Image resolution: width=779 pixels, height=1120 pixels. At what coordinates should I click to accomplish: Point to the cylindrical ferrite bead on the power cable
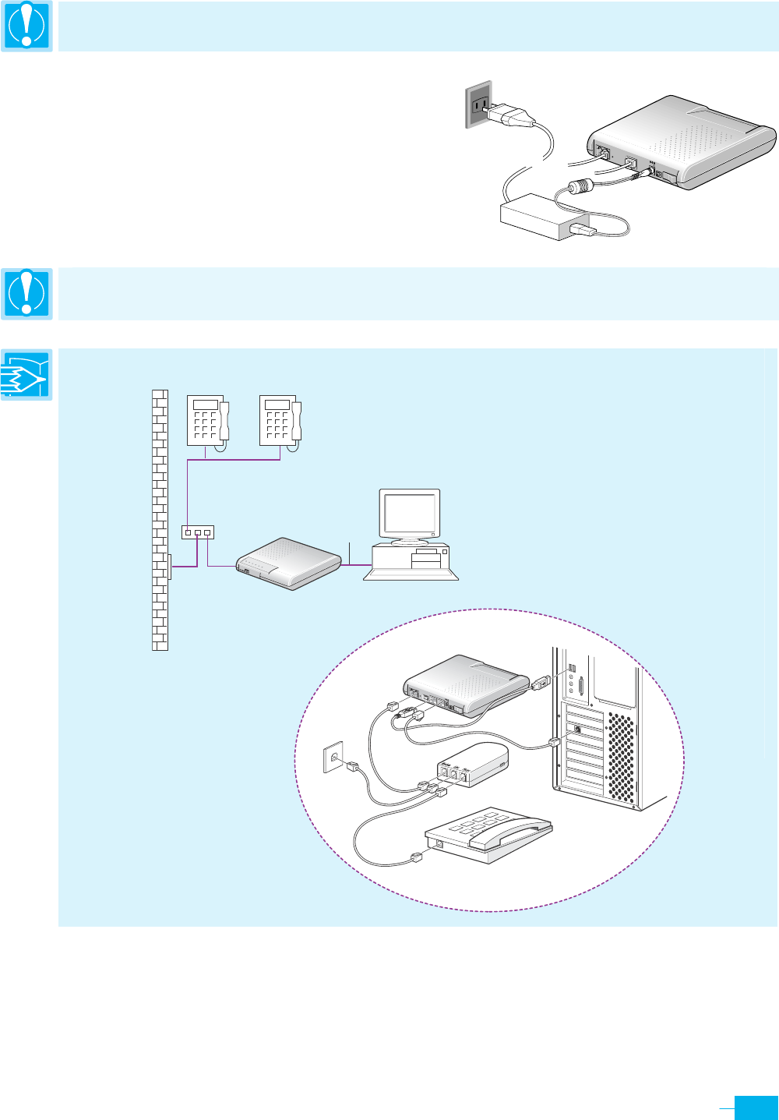pyautogui.click(x=580, y=187)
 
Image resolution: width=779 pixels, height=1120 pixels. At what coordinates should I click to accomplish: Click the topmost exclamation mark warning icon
pyautogui.click(x=26, y=26)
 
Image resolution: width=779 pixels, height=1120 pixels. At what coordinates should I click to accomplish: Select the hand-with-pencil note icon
pyautogui.click(x=26, y=375)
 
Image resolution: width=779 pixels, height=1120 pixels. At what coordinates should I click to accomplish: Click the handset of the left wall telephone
pyautogui.click(x=224, y=421)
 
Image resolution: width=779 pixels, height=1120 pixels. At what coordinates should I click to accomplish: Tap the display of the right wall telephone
pyautogui.click(x=276, y=405)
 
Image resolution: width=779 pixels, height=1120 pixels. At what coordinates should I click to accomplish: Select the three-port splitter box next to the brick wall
pyautogui.click(x=197, y=532)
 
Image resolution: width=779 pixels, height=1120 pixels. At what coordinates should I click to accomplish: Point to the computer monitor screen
pyautogui.click(x=409, y=513)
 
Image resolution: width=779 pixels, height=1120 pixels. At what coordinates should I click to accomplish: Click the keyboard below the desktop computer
pyautogui.click(x=411, y=574)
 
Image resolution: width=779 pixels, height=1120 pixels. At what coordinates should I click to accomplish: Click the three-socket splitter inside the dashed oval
pyautogui.click(x=471, y=766)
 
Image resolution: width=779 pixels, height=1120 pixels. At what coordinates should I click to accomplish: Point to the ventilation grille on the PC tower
pyautogui.click(x=621, y=756)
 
